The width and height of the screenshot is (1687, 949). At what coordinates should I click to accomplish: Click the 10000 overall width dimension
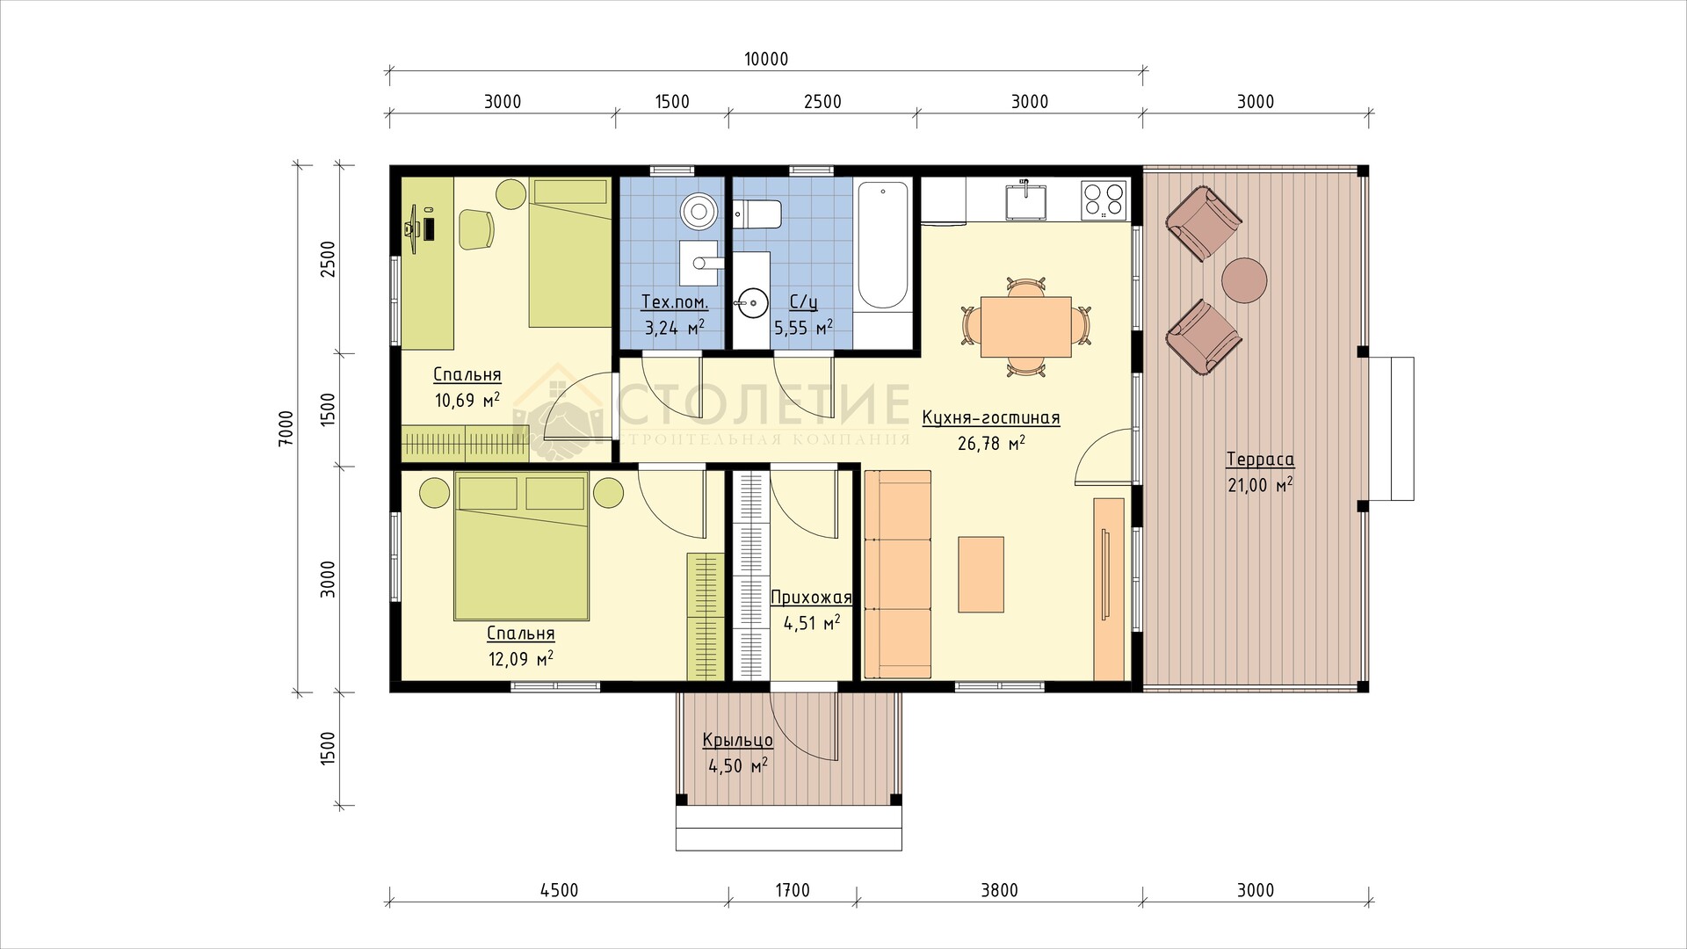[x=766, y=60]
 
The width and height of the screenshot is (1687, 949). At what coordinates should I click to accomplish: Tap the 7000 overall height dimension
[x=286, y=430]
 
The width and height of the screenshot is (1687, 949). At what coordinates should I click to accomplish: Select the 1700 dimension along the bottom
[x=792, y=891]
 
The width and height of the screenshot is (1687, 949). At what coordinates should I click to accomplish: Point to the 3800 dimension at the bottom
[x=999, y=891]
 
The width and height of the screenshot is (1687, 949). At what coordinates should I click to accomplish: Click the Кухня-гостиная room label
[x=991, y=418]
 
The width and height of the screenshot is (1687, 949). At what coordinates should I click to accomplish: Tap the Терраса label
[x=1261, y=459]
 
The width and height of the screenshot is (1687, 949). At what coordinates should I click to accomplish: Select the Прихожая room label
[x=811, y=598]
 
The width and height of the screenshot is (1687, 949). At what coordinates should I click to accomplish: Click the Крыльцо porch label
[x=738, y=741]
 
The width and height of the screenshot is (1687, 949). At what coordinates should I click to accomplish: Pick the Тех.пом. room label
[x=675, y=303]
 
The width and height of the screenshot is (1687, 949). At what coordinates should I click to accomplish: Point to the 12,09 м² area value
[x=520, y=657]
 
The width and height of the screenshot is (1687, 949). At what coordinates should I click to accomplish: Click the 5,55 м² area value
[x=802, y=328]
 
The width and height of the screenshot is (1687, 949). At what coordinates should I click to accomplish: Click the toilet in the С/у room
[x=757, y=214]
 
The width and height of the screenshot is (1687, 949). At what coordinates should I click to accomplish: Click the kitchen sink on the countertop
[x=1025, y=199]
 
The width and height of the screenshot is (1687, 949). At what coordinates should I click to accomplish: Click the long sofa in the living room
[x=897, y=574]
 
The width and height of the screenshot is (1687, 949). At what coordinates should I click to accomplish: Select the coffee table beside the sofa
[x=981, y=574]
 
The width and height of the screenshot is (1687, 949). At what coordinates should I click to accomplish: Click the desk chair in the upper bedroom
[x=477, y=228]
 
